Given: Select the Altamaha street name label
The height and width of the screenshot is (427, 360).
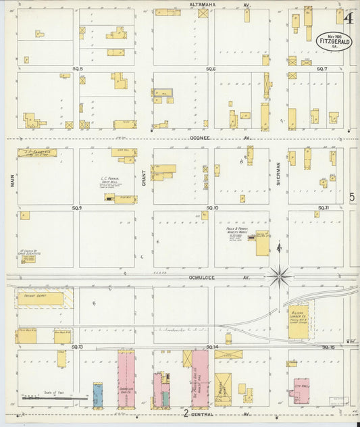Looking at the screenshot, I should pyautogui.click(x=202, y=5).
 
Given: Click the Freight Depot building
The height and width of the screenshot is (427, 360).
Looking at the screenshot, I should pyautogui.click(x=40, y=298).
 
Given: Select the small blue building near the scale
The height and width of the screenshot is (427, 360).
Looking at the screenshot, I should pyautogui.click(x=98, y=395).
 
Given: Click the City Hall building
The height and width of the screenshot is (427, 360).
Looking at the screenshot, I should pyautogui.click(x=300, y=391).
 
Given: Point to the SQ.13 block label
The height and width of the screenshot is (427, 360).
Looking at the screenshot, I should pyautogui.click(x=76, y=347).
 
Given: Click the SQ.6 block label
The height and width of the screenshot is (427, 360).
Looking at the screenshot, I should pyautogui.click(x=210, y=69).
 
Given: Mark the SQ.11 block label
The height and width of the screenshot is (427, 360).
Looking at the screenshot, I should pyautogui.click(x=322, y=207).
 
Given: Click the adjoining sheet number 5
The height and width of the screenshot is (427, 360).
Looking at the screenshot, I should pyautogui.click(x=352, y=198).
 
